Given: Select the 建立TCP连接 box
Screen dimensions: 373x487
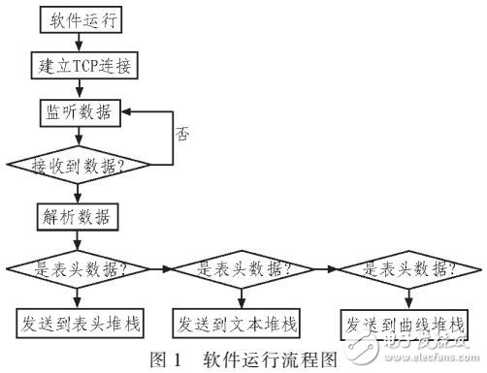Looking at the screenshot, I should [x=81, y=66].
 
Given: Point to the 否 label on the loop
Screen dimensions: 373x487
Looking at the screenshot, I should [x=181, y=135].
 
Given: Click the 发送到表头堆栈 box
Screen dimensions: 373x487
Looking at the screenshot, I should [x=83, y=322].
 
